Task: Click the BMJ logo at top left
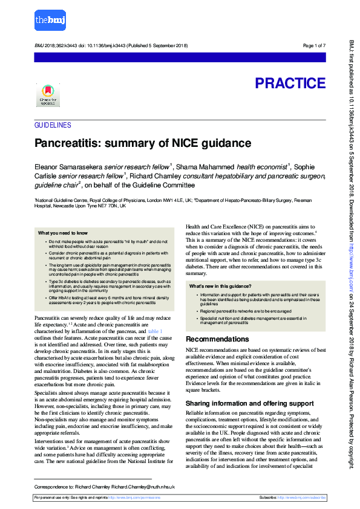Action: tap(51, 19)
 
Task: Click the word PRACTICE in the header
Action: tap(290, 83)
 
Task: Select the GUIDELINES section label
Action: tap(53, 125)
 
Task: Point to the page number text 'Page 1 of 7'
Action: tap(314, 46)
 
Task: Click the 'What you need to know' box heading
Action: tap(63, 232)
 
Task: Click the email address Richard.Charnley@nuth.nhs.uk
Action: tap(145, 486)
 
